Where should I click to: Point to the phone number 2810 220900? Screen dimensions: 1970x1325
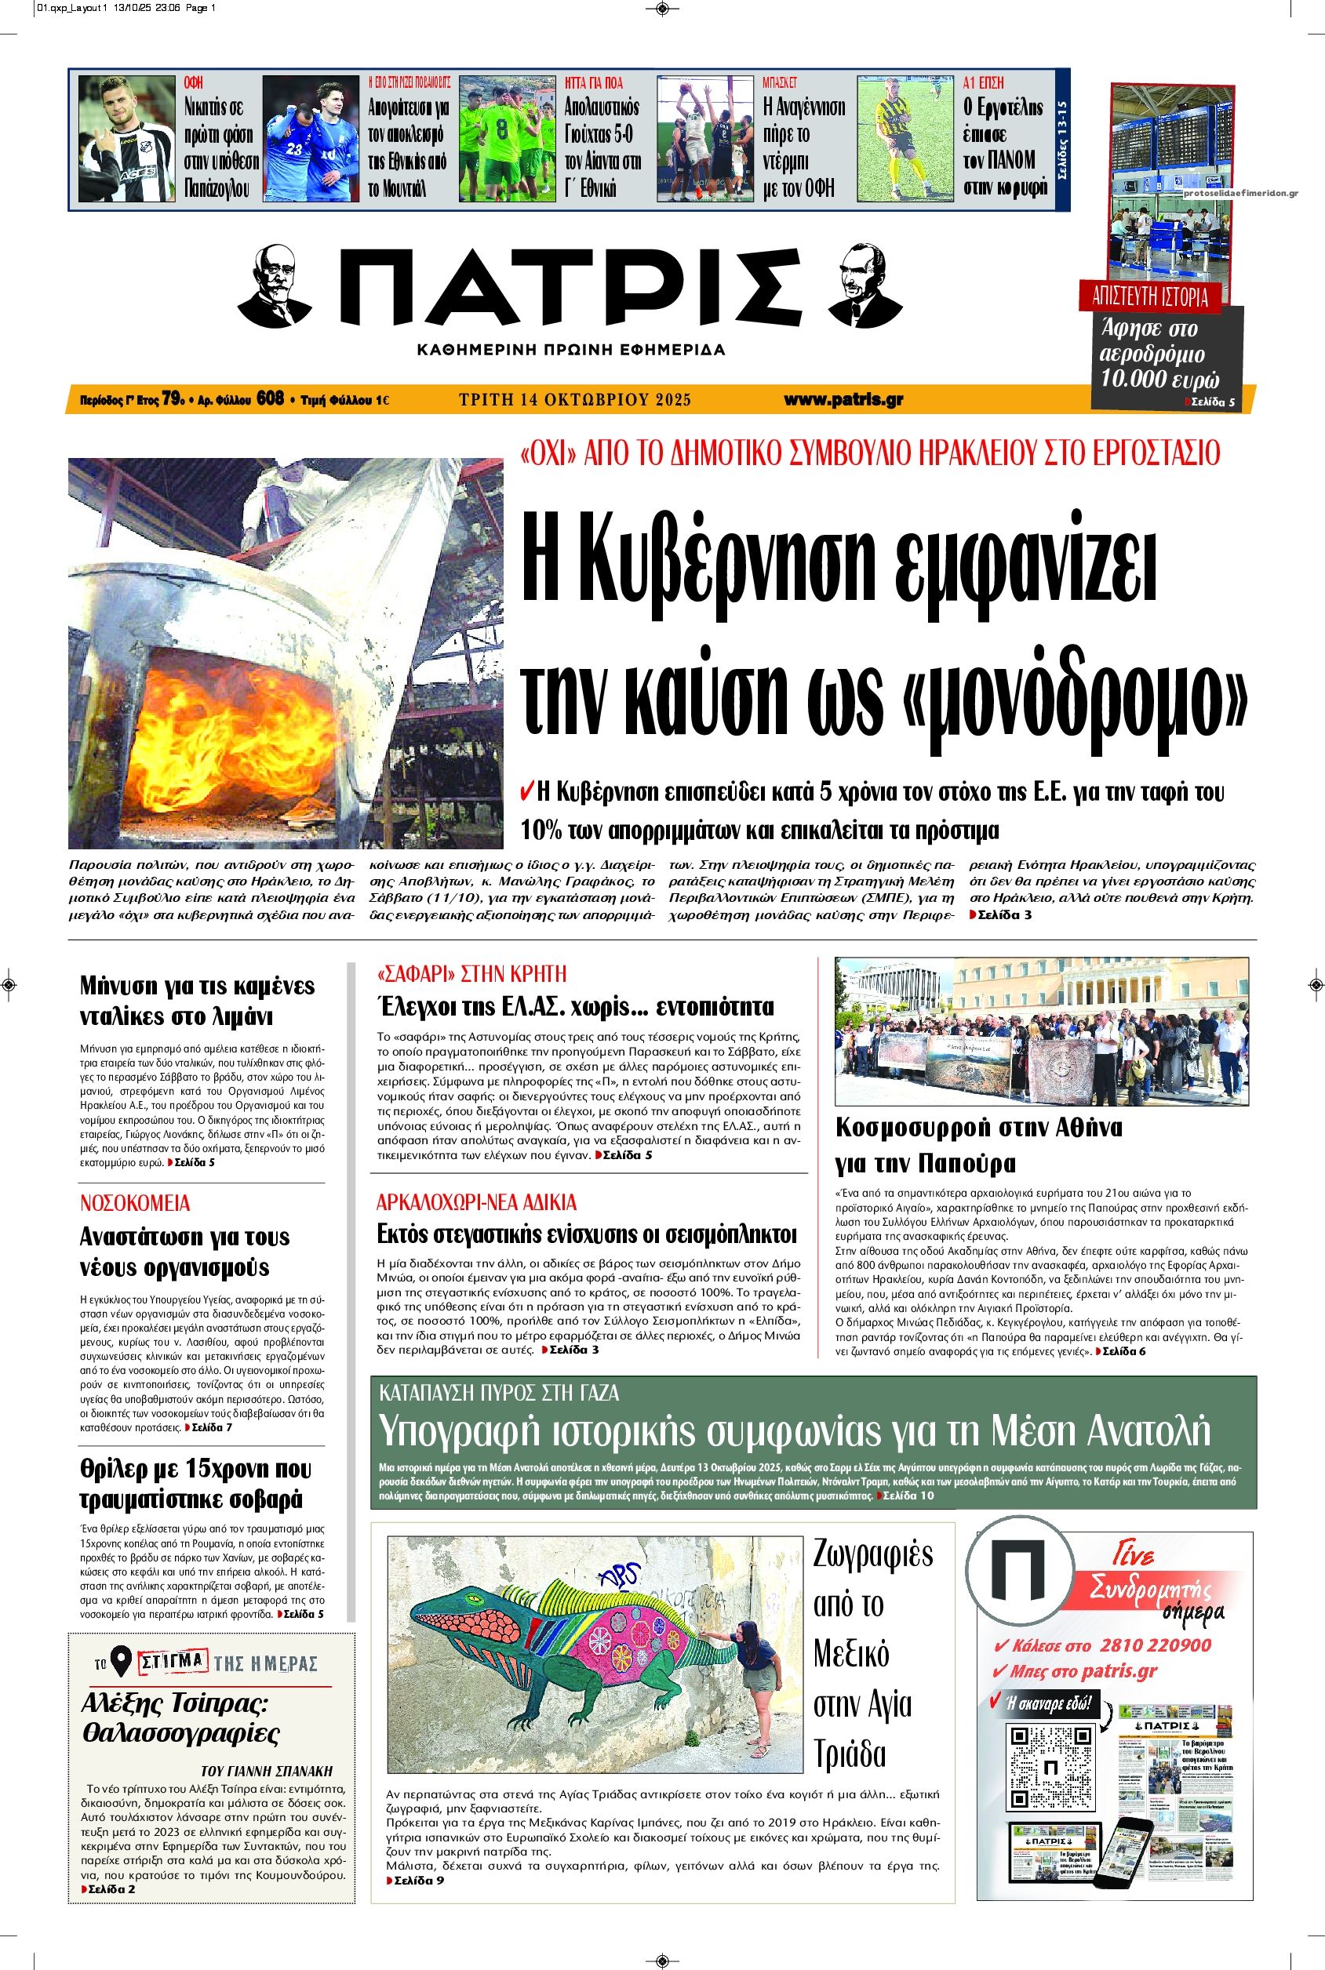(x=1154, y=1645)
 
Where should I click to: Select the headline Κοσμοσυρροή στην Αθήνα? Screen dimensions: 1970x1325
(x=978, y=1126)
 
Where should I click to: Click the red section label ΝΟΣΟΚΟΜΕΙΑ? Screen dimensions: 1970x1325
(x=135, y=1203)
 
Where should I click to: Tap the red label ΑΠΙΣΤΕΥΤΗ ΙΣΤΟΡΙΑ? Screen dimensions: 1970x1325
(x=1150, y=296)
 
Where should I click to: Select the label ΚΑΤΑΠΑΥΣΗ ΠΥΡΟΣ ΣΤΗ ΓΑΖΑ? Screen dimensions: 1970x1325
(x=500, y=1392)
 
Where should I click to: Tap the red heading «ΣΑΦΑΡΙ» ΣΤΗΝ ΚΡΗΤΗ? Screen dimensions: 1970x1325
(x=471, y=973)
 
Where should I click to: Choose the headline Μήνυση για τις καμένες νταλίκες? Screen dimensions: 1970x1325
(x=197, y=1000)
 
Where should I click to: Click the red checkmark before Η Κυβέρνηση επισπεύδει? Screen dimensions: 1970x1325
(x=526, y=791)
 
